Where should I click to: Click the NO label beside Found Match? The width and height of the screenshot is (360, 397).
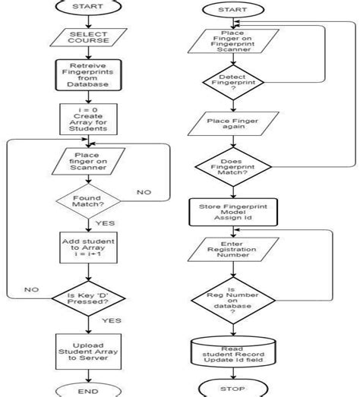pyautogui.click(x=144, y=193)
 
